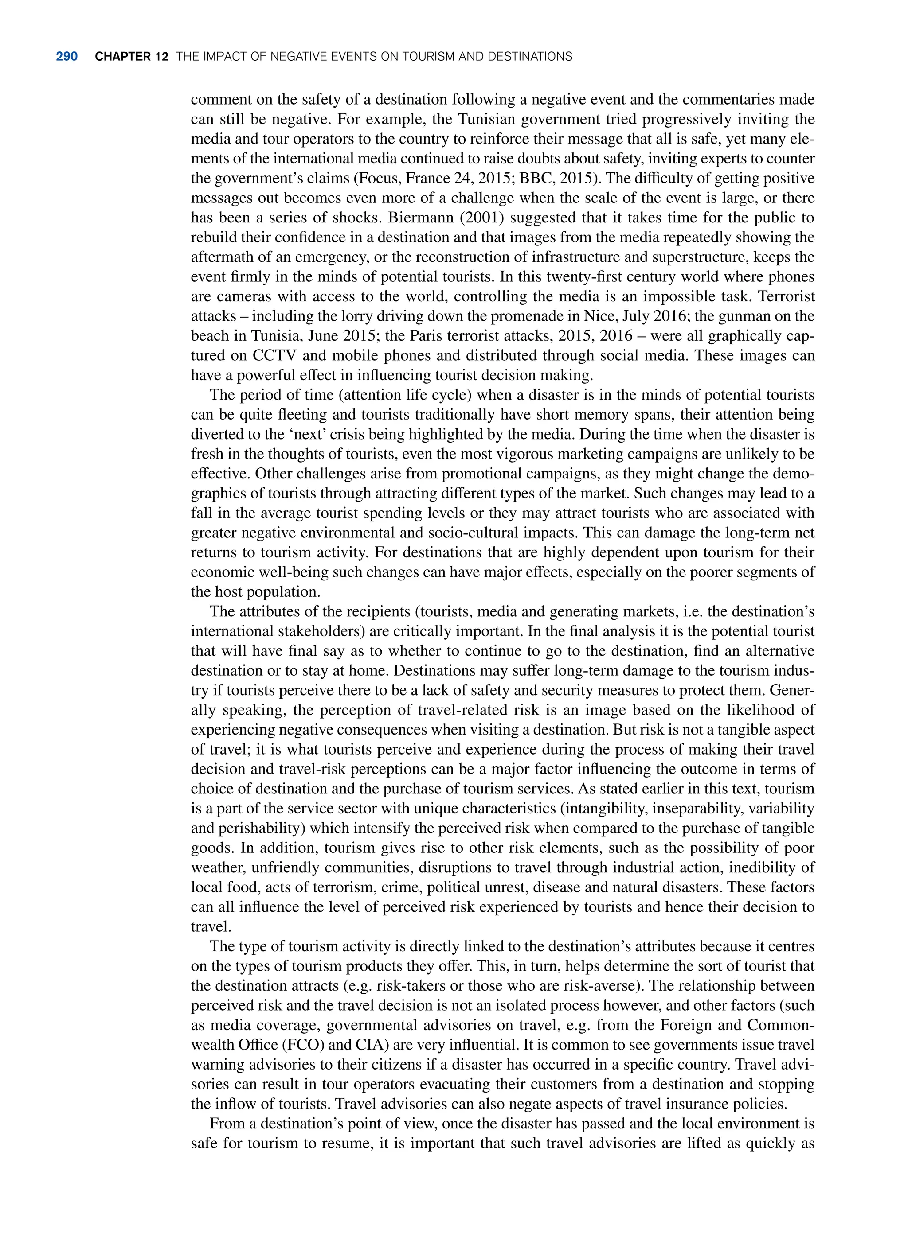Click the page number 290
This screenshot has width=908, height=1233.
[67, 57]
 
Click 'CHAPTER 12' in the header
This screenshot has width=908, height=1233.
[131, 57]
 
